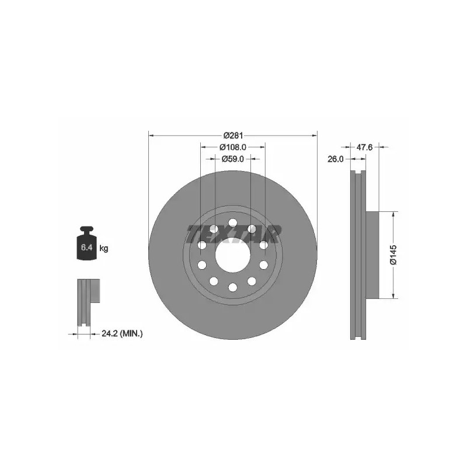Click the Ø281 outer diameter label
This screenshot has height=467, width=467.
point(233,136)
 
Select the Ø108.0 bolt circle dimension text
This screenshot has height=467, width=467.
point(232,147)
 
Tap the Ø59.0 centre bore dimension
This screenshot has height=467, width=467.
point(232,159)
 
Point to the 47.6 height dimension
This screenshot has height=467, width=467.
point(364,147)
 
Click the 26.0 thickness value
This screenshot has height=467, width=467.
point(335,159)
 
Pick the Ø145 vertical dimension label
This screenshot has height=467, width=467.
point(393,255)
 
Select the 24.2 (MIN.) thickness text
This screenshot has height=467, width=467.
point(122,334)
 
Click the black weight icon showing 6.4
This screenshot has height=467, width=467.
point(87,243)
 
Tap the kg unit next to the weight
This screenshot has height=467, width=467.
point(104,248)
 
